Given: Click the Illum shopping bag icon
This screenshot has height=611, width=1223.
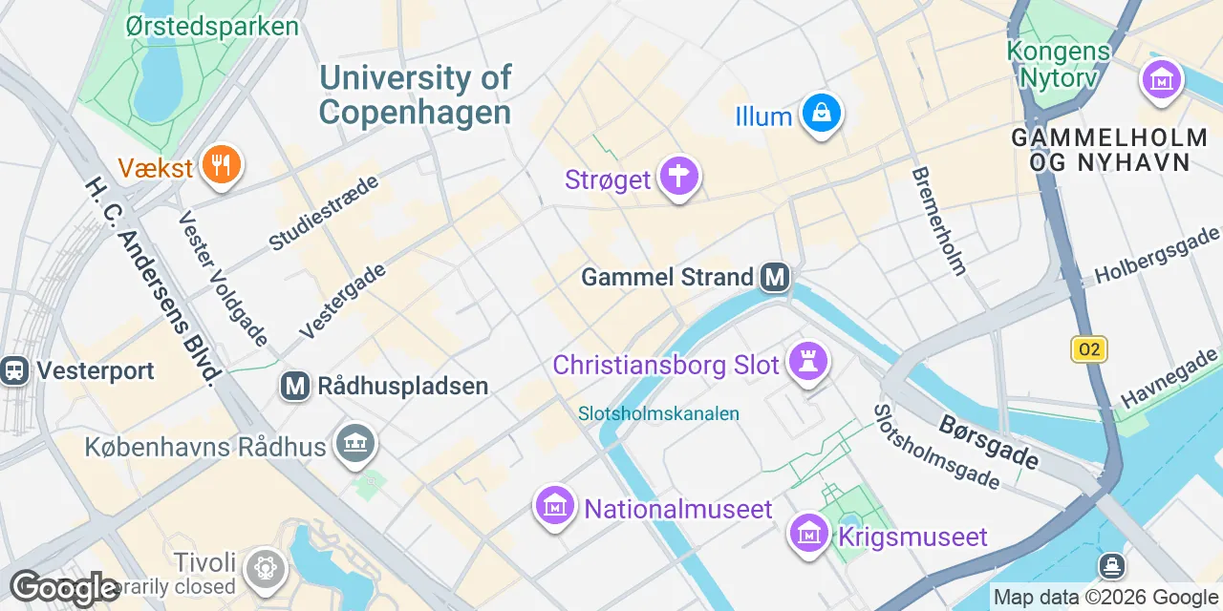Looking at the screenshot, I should coord(821,115).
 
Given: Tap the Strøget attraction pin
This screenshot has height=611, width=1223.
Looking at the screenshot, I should coord(679,177).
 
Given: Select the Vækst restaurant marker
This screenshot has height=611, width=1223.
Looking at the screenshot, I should coord(222,167).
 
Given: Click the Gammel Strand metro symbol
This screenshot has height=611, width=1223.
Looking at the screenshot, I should coord(774,278).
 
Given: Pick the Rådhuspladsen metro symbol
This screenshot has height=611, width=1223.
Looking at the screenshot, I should coord(295,386).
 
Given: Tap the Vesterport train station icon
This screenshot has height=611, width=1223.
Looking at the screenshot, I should coord(14,370).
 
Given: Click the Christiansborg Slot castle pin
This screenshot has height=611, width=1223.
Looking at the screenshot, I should coord(808,363).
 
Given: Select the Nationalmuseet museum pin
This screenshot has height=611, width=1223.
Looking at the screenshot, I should coord(554,506).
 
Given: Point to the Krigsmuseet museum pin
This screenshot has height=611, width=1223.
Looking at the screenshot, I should coord(808,534).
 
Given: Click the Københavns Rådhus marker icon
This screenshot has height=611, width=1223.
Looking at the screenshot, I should coord(356,443).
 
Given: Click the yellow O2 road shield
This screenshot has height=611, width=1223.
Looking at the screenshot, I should coord(1088,349).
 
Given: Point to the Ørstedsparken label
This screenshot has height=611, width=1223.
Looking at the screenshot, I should coord(212,26).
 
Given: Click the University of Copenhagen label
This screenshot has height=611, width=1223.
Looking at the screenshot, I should coord(415,95).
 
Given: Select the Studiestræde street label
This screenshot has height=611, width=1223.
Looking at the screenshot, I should coord(324,213).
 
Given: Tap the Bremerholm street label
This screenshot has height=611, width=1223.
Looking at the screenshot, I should coord(939,221).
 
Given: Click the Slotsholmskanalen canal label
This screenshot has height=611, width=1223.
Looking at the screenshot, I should coord(658,413).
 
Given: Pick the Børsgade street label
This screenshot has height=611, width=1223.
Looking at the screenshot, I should coord(988,441).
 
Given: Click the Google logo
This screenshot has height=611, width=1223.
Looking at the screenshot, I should coord(64,588).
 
